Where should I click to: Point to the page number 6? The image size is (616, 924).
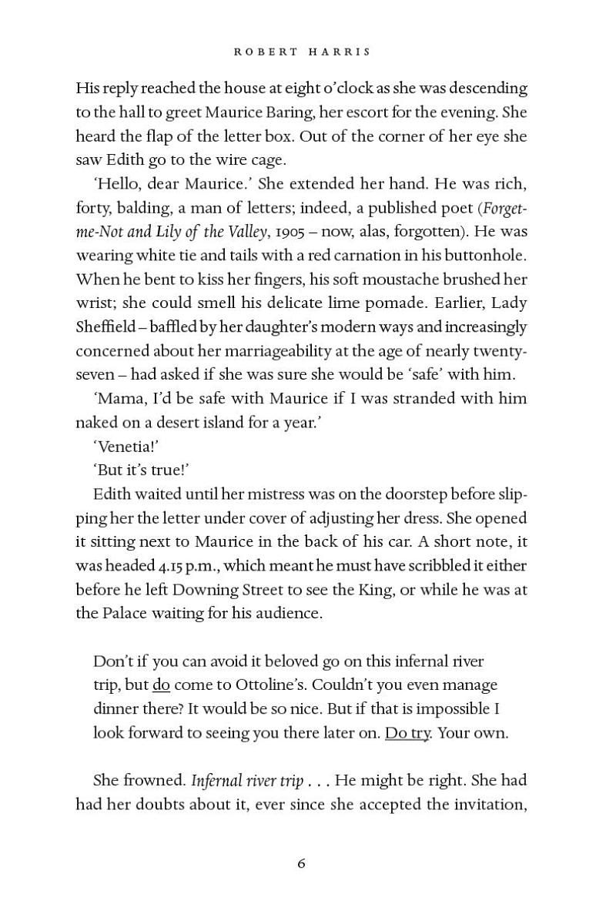click(302, 864)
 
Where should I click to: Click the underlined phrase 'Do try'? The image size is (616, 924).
click(407, 733)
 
